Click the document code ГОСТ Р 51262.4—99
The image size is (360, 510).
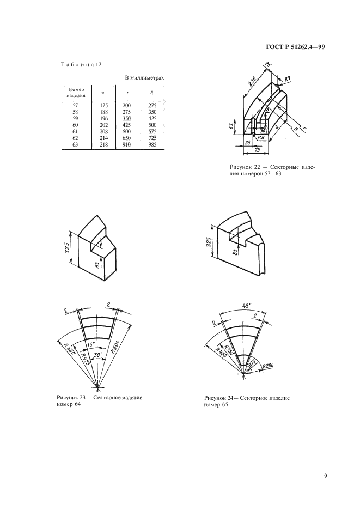(x=295, y=47)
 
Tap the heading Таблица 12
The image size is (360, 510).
(x=82, y=64)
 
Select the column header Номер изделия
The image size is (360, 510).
(x=76, y=93)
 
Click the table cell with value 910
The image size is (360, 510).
(x=126, y=144)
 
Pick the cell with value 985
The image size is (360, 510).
(x=152, y=144)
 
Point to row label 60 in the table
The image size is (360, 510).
(x=75, y=125)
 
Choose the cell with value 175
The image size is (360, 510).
(x=103, y=105)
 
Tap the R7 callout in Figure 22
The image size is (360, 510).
(x=287, y=78)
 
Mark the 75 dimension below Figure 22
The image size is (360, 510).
(x=257, y=150)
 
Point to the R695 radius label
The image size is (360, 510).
(x=115, y=347)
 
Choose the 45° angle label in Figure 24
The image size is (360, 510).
(x=247, y=306)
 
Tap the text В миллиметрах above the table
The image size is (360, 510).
(x=145, y=78)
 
